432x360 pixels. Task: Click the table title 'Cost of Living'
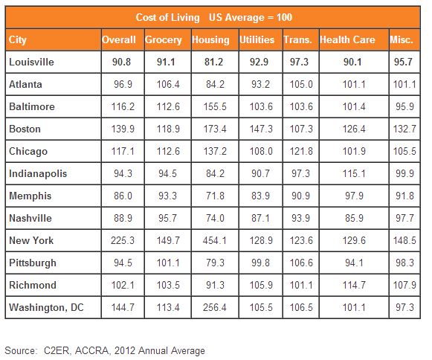coord(167,18)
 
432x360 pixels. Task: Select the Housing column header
coord(210,40)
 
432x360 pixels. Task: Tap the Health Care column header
coord(347,39)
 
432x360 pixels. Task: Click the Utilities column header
coord(257,39)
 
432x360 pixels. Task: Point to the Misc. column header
coord(402,39)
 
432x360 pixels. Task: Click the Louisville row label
coord(31,62)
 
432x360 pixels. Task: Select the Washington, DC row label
coord(46,307)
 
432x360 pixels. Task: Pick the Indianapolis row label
coord(38,174)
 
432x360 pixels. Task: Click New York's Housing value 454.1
coord(215,241)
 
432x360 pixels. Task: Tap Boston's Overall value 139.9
coord(123,129)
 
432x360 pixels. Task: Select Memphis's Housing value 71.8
coord(215,196)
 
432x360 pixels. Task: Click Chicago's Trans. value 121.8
coord(301,151)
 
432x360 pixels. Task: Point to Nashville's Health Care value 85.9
coord(355,219)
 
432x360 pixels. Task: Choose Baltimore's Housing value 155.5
coord(215,106)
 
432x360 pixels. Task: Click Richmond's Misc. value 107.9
coord(404,285)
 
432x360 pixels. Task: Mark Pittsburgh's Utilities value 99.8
coord(261,263)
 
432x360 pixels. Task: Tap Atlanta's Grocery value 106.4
coord(168,84)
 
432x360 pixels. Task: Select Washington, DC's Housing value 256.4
coord(215,307)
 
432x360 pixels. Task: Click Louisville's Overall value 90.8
coord(121,62)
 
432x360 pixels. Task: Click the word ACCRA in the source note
coord(91,351)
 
